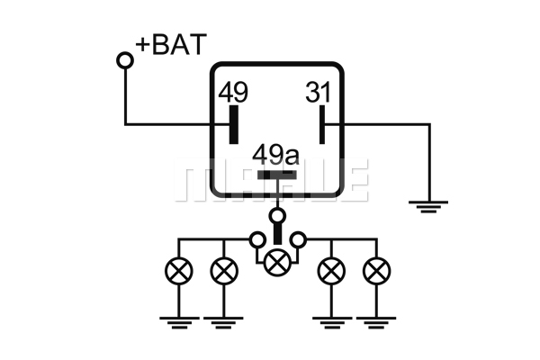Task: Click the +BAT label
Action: [171, 44]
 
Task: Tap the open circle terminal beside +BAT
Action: [125, 60]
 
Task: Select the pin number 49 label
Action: [233, 92]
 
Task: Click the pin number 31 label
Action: [319, 92]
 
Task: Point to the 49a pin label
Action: [276, 156]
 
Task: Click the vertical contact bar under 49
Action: [234, 124]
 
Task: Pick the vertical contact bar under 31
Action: [322, 124]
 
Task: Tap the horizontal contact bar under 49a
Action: [277, 175]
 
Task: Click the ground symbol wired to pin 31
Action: [428, 206]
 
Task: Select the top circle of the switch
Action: [277, 216]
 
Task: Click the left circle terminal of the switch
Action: [257, 239]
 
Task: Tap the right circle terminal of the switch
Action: [298, 239]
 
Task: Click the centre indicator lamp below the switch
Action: [277, 263]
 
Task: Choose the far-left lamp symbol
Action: [179, 271]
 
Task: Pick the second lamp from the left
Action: [224, 271]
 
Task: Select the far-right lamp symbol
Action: [377, 271]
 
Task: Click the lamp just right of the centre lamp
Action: [331, 271]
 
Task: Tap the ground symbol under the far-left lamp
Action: [179, 323]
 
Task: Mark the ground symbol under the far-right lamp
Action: [376, 323]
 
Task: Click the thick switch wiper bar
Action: [277, 234]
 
